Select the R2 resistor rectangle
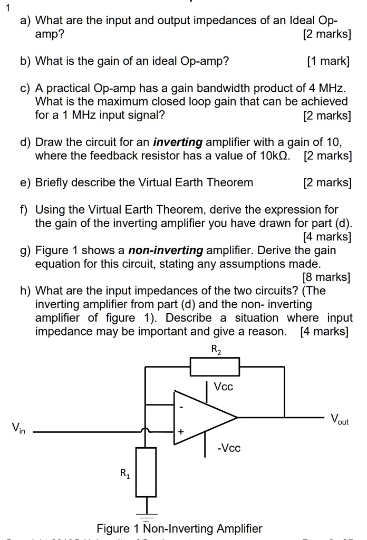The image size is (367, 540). [215, 367]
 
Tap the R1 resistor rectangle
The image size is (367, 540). [146, 472]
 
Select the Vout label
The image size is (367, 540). [339, 420]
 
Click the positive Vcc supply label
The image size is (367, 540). [223, 386]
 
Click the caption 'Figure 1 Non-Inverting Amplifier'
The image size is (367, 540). [179, 528]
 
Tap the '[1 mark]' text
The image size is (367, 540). [328, 61]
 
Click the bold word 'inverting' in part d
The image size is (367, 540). [177, 142]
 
